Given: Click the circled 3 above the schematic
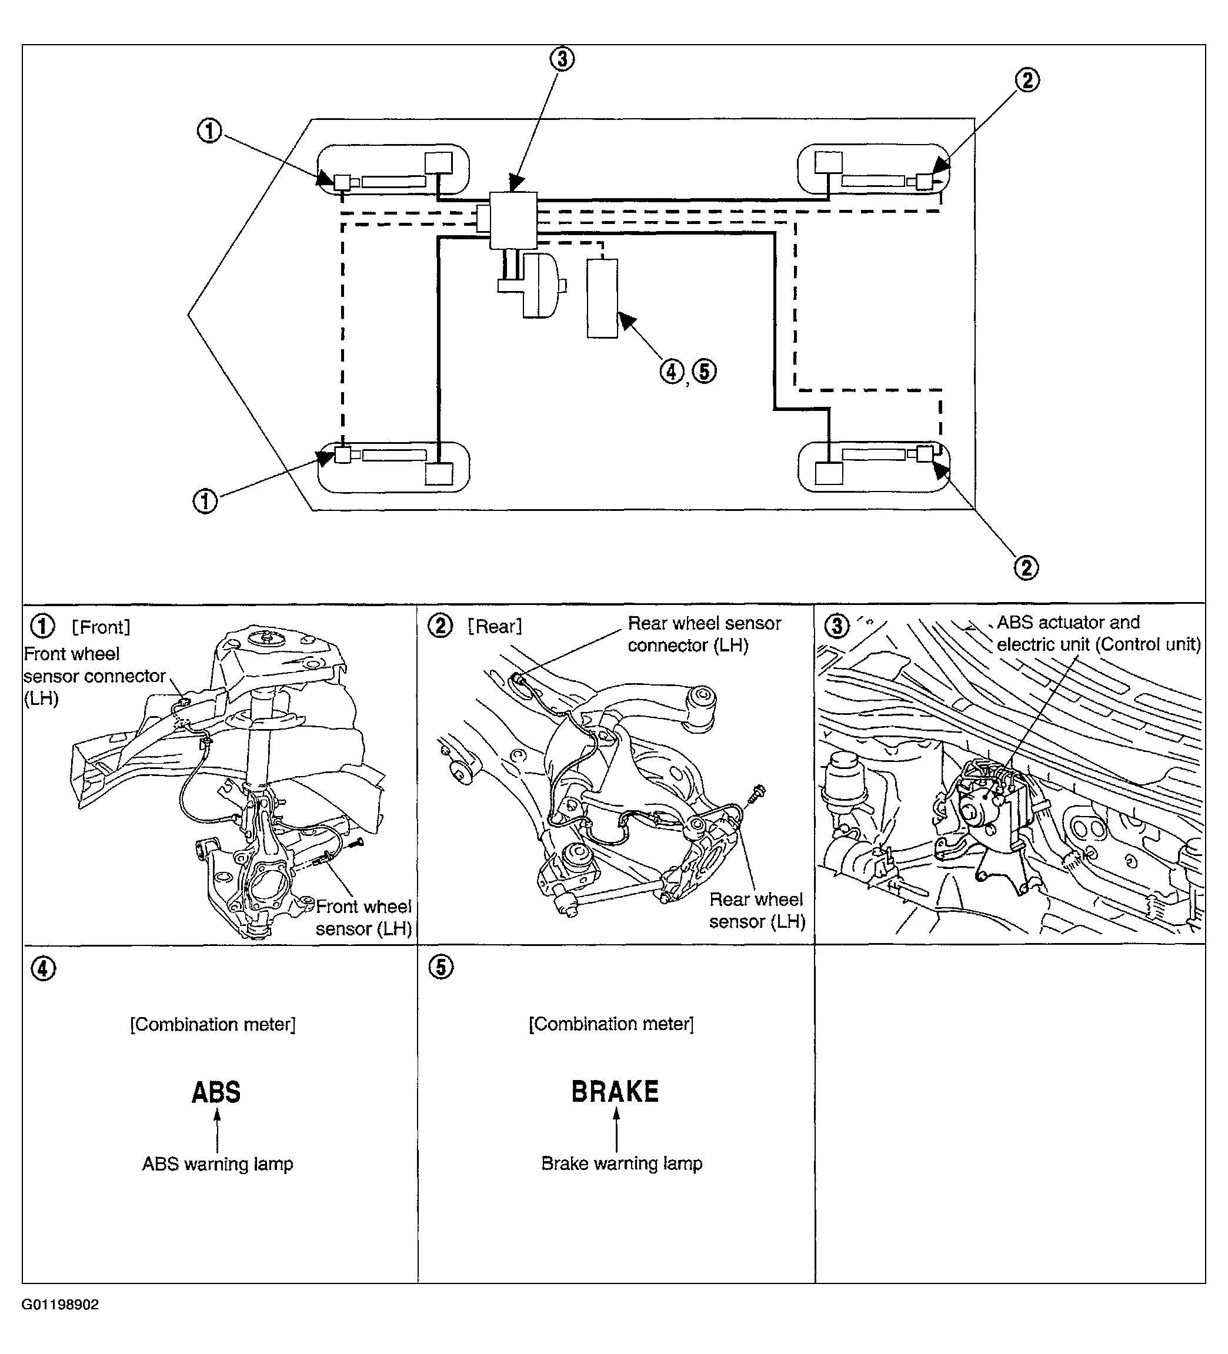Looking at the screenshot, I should point(562,59).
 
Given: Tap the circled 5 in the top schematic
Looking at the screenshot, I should point(704,372).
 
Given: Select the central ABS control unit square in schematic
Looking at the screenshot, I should point(513,220).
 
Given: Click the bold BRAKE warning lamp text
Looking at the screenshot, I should point(615,1091).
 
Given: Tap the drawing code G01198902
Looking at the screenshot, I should point(60,1304).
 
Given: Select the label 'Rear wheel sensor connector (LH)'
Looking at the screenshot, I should point(703,634).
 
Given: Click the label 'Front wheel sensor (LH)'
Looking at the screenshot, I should point(363,917).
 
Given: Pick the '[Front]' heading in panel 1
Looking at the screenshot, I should point(101,627).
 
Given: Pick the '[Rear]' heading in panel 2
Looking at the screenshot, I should point(495,627).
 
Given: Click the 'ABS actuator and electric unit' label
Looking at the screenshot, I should point(1097,633).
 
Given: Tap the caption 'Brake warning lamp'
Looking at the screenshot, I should point(622,1164).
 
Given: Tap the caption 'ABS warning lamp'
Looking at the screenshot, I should point(217,1164).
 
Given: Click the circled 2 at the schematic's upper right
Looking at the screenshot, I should point(1026,81).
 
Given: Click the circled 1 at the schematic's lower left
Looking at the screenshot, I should point(206,500).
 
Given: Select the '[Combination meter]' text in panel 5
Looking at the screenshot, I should point(610,1024).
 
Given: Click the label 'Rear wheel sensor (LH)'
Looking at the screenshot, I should point(756,910).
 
